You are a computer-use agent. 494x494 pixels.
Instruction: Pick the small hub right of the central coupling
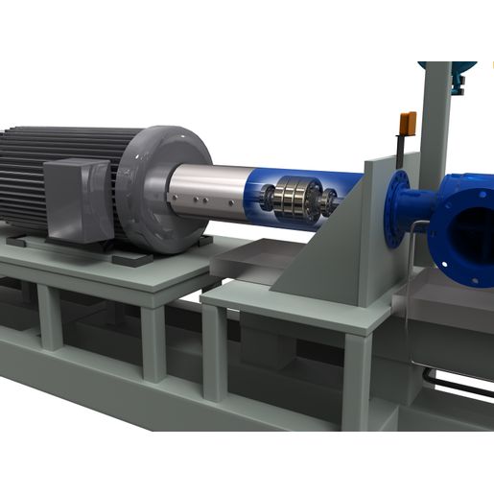(329, 202)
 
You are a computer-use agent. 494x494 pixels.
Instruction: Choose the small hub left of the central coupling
(263, 200)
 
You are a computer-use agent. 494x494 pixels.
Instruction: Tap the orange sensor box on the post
(407, 124)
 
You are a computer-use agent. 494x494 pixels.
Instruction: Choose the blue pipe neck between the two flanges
(421, 207)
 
